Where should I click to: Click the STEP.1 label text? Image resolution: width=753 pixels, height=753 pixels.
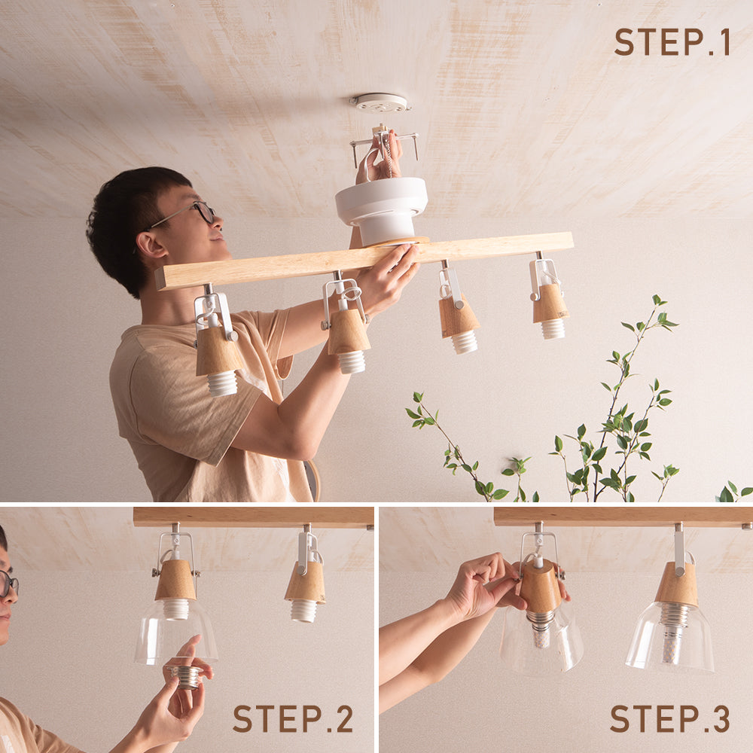click(672, 41)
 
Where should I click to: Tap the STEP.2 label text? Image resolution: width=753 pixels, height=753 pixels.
click(293, 718)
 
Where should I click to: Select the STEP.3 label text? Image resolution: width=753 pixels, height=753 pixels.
click(670, 718)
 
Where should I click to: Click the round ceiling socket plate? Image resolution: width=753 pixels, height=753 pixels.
click(380, 102)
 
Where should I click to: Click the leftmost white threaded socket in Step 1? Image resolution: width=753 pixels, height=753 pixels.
click(222, 383)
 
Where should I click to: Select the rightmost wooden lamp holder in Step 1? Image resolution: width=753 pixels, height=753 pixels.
click(550, 303)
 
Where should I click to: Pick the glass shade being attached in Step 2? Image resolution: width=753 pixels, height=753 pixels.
click(175, 632)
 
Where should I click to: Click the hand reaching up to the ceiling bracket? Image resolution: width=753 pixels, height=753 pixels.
click(380, 158)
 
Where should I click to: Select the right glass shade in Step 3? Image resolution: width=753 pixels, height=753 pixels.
click(670, 636)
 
